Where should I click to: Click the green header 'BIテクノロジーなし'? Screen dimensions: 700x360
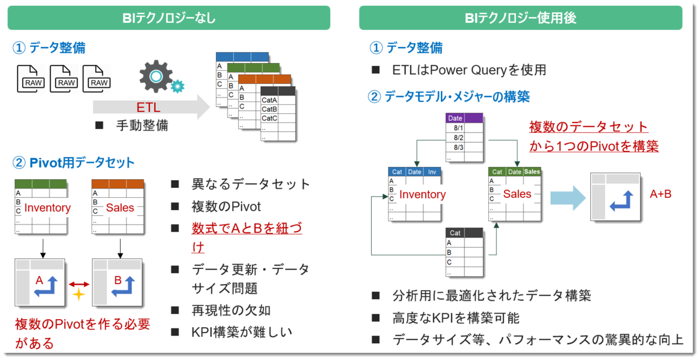tap(169, 18)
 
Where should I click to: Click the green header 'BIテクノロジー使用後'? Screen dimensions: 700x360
tap(520, 18)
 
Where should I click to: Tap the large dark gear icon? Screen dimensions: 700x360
tap(155, 76)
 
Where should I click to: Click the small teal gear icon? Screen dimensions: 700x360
tap(178, 86)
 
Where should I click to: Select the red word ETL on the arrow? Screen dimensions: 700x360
tap(148, 107)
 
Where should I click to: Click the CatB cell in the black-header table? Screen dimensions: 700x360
tap(269, 109)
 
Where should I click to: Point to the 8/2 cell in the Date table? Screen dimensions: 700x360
tap(458, 138)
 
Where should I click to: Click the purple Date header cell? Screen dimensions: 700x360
tap(455, 118)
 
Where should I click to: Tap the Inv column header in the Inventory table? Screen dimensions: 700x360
tap(432, 172)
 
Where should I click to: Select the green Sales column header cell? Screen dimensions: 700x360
tap(532, 172)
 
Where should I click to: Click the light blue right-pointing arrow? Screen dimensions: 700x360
tap(568, 198)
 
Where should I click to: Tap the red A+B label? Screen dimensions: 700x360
tap(660, 194)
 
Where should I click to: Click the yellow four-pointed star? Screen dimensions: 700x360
tap(79, 294)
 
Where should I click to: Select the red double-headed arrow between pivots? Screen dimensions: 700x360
tap(79, 284)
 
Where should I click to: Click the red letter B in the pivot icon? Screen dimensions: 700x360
tap(118, 280)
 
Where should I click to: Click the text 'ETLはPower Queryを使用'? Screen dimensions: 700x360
tap(469, 70)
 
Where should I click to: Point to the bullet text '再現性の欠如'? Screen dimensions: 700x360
tap(231, 310)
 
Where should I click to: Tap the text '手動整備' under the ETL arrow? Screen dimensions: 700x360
tap(142, 125)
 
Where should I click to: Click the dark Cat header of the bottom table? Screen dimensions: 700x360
tap(455, 233)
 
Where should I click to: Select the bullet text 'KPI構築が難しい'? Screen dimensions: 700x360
tap(242, 332)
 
